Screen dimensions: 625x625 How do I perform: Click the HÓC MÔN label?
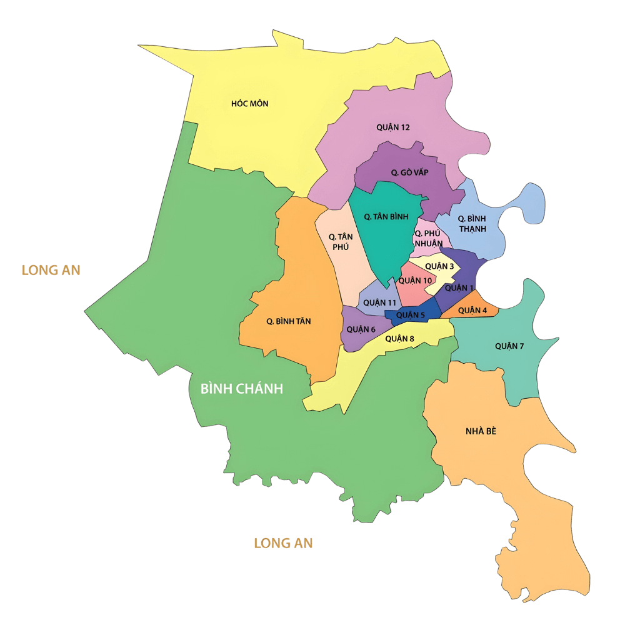tap(249, 104)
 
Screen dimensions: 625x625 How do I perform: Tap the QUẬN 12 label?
tap(393, 127)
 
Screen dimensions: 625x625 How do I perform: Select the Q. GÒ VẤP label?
tap(409, 172)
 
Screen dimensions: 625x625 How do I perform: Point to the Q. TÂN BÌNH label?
tap(386, 217)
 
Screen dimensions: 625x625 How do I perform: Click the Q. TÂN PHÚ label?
tap(341, 241)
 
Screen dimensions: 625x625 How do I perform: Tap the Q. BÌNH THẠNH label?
tap(472, 224)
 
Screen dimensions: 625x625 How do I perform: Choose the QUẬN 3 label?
tap(439, 267)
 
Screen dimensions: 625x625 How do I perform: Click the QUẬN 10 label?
tap(415, 281)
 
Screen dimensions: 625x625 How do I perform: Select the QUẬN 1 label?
tap(459, 288)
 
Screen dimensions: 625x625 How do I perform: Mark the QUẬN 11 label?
tap(380, 303)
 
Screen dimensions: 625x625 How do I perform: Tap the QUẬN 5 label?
tap(411, 316)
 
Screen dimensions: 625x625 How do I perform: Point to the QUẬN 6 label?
tap(361, 329)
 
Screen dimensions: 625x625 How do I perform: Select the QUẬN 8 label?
tap(400, 339)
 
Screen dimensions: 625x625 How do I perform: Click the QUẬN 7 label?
tap(509, 346)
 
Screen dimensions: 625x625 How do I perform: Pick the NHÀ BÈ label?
tap(481, 431)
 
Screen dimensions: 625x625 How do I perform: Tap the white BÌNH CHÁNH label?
tap(241, 389)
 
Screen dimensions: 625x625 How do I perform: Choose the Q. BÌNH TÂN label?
tap(288, 321)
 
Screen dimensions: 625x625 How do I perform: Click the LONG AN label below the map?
tap(283, 543)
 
